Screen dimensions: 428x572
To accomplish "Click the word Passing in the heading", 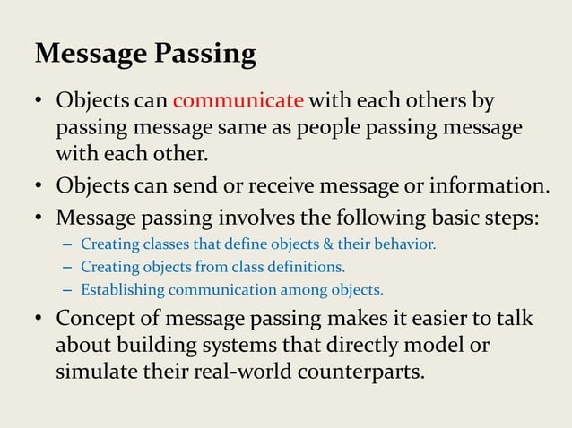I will [205, 54].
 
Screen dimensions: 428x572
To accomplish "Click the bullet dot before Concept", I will [40, 320].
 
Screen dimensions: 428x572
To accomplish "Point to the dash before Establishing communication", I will [68, 290].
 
